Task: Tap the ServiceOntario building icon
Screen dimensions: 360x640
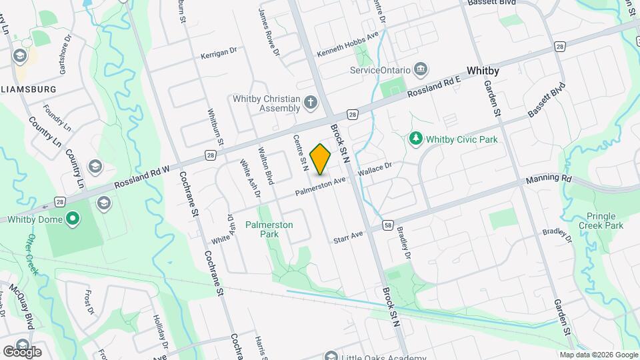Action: [x=421, y=69]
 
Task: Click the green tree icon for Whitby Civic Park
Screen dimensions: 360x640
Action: [x=416, y=139]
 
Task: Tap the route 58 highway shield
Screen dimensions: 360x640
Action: [x=388, y=226]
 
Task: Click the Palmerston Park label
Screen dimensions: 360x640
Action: [x=269, y=230]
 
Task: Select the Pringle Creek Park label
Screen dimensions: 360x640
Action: [x=605, y=221]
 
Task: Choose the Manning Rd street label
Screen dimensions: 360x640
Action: [x=549, y=179]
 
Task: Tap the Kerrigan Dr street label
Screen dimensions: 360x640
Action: [x=219, y=52]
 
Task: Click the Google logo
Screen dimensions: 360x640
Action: [x=22, y=351]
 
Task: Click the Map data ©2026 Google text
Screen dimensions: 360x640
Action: [x=598, y=355]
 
